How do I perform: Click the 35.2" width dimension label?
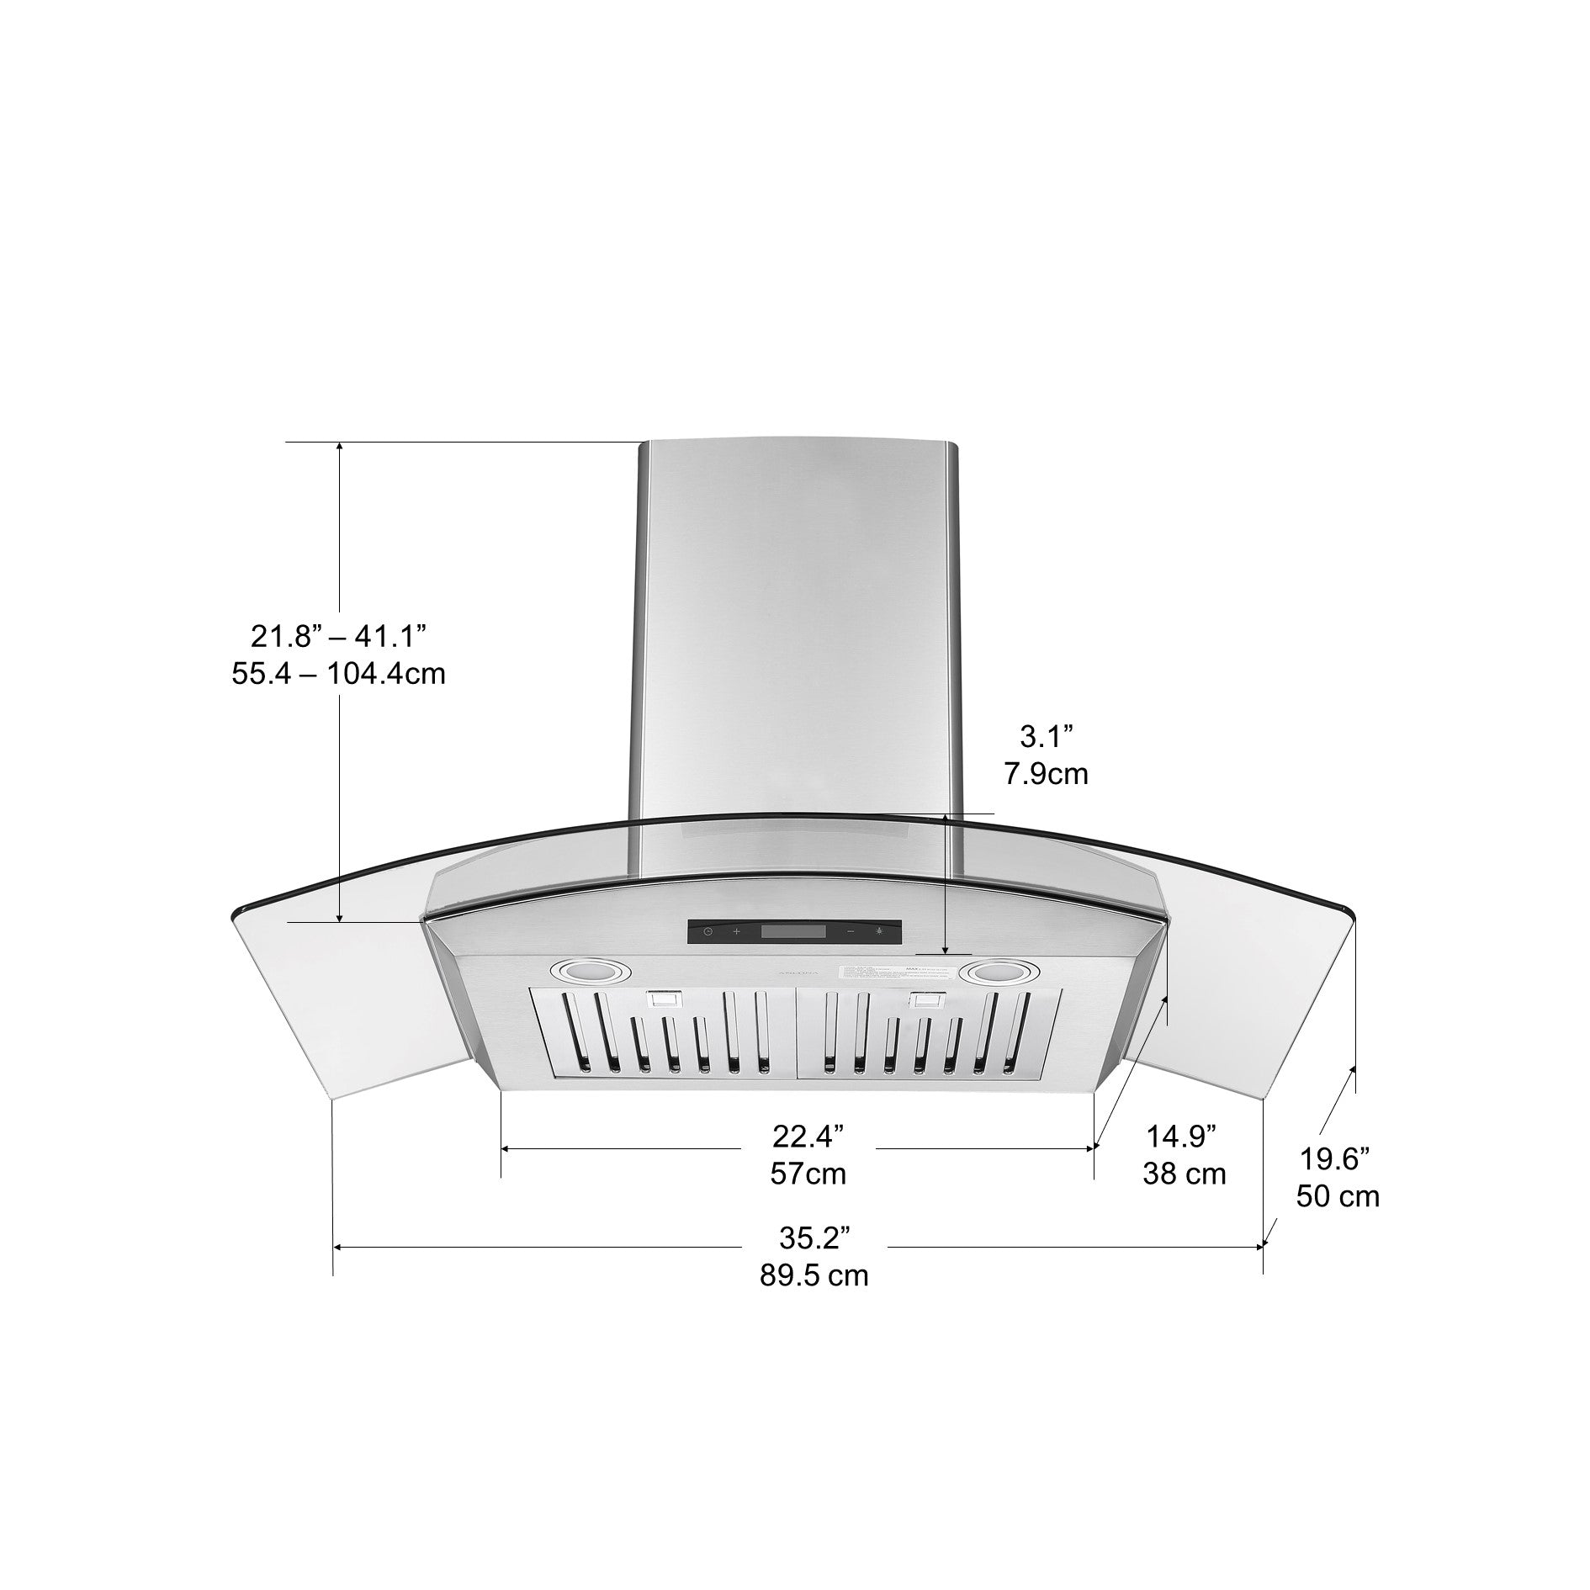click(x=814, y=1238)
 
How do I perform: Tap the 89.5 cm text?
click(x=814, y=1276)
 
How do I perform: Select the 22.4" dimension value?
click(x=808, y=1137)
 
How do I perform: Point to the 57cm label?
click(x=808, y=1174)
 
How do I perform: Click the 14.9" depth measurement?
click(x=1182, y=1137)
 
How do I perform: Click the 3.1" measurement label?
click(x=1047, y=738)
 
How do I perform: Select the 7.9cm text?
click(x=1046, y=774)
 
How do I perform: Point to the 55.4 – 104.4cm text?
click(x=338, y=674)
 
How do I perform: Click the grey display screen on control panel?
click(x=793, y=931)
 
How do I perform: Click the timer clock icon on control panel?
click(x=708, y=931)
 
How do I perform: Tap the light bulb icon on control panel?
click(x=880, y=930)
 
